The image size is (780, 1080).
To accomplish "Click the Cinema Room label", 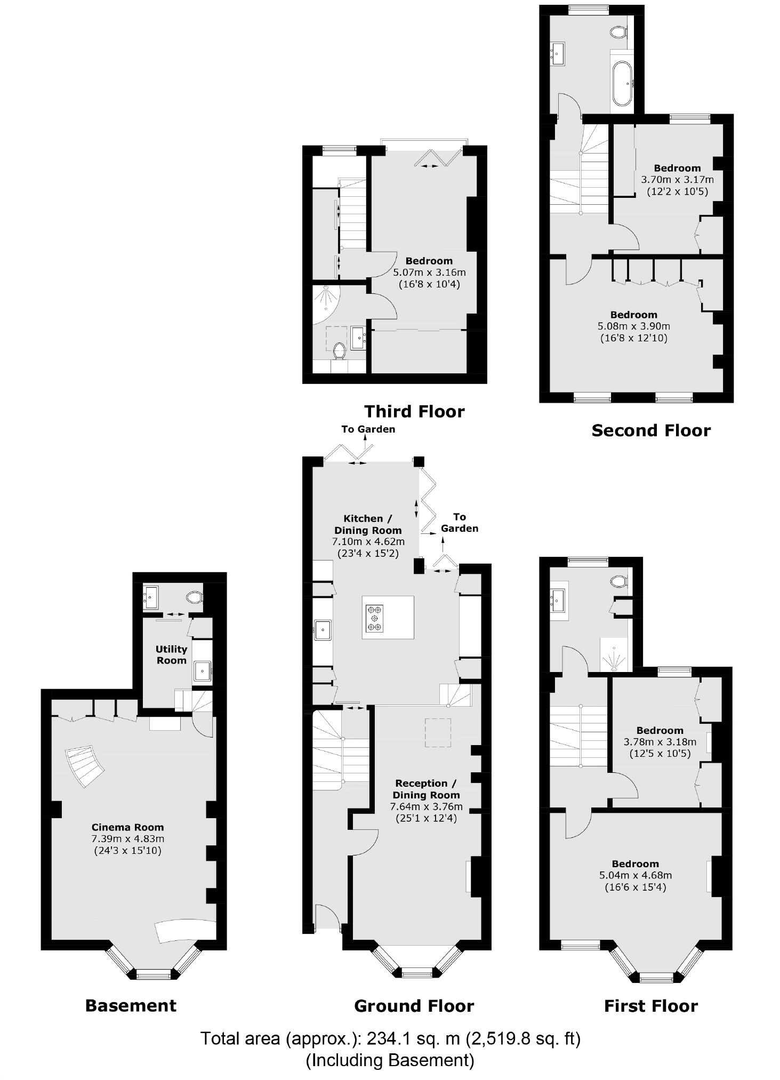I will (x=127, y=827).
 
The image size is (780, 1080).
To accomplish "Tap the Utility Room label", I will (x=171, y=654).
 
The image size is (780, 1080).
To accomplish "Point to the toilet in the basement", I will (x=194, y=597).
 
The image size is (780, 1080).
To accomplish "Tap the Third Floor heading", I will (x=414, y=411).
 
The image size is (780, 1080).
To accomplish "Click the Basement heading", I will (x=131, y=1005).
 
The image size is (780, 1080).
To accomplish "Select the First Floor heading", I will (x=650, y=1006).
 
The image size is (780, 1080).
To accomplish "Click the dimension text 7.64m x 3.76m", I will (x=426, y=806).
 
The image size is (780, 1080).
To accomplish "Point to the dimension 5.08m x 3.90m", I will (x=634, y=326).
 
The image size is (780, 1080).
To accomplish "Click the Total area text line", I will (x=390, y=1038).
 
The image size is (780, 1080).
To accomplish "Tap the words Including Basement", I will (x=390, y=1060).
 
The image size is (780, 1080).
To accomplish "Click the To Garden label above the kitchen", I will (x=368, y=429).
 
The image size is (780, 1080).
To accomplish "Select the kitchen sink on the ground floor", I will (x=323, y=630).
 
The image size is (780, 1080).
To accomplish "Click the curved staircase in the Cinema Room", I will (x=84, y=766).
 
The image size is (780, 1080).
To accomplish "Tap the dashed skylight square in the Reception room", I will (x=438, y=732).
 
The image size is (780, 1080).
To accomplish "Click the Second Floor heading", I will (x=651, y=430).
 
